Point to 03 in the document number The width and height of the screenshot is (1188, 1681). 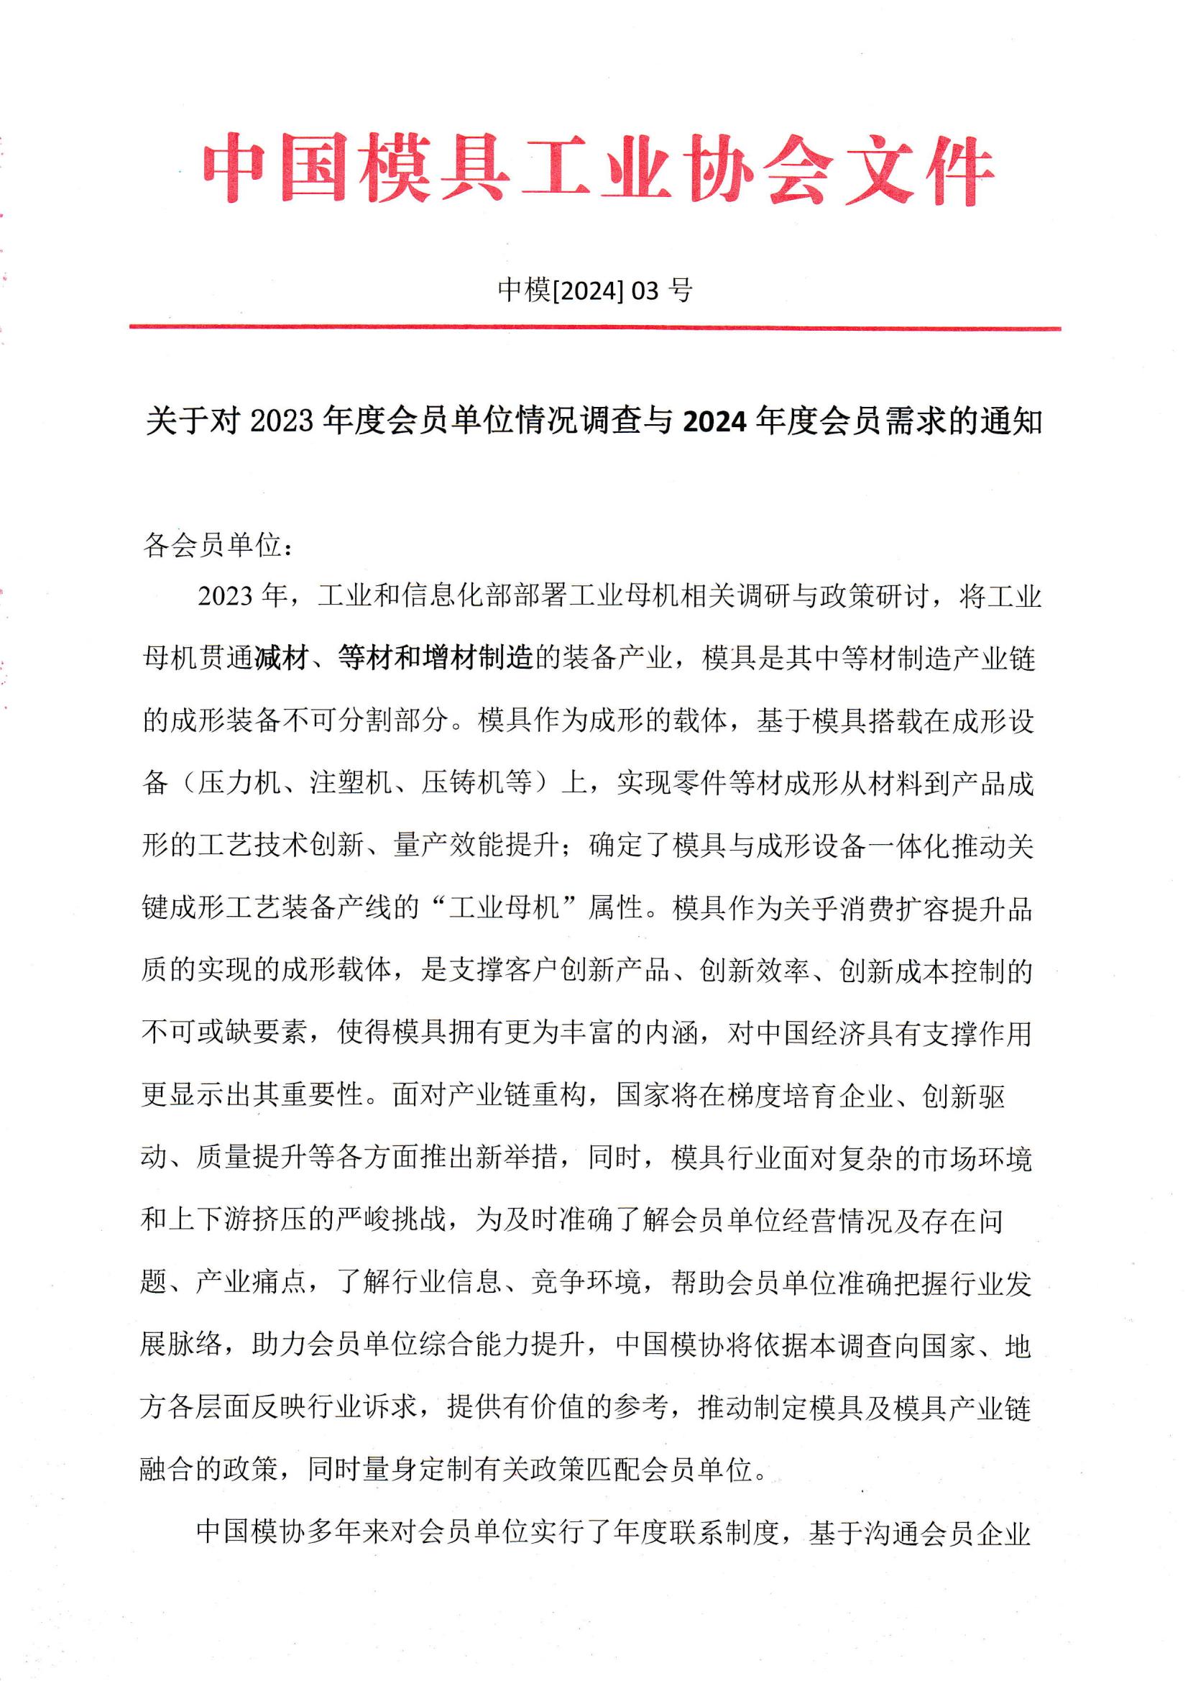pos(645,291)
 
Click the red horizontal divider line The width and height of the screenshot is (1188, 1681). pos(594,327)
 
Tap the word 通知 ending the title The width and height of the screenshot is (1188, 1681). pos(1011,423)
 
